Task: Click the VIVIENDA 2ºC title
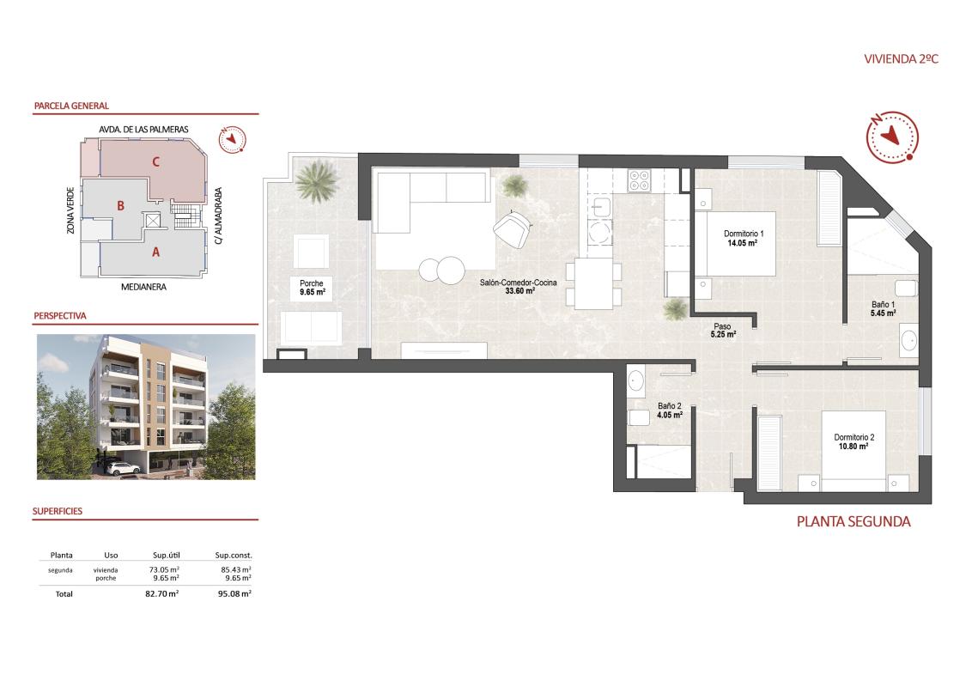point(901,59)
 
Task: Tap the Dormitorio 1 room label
point(744,234)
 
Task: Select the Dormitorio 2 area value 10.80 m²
point(853,447)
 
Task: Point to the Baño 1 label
point(883,305)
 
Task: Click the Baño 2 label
point(670,406)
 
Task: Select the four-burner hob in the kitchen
point(639,179)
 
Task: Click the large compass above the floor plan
point(890,136)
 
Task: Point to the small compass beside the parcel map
point(232,139)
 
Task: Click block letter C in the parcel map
point(156,161)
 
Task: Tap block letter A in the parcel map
point(155,252)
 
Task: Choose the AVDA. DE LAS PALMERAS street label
point(144,129)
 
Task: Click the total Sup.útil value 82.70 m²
point(161,593)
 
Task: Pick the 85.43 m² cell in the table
point(234,569)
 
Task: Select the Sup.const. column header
point(234,555)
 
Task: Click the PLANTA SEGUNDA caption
point(853,521)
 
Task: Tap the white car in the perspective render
point(125,468)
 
